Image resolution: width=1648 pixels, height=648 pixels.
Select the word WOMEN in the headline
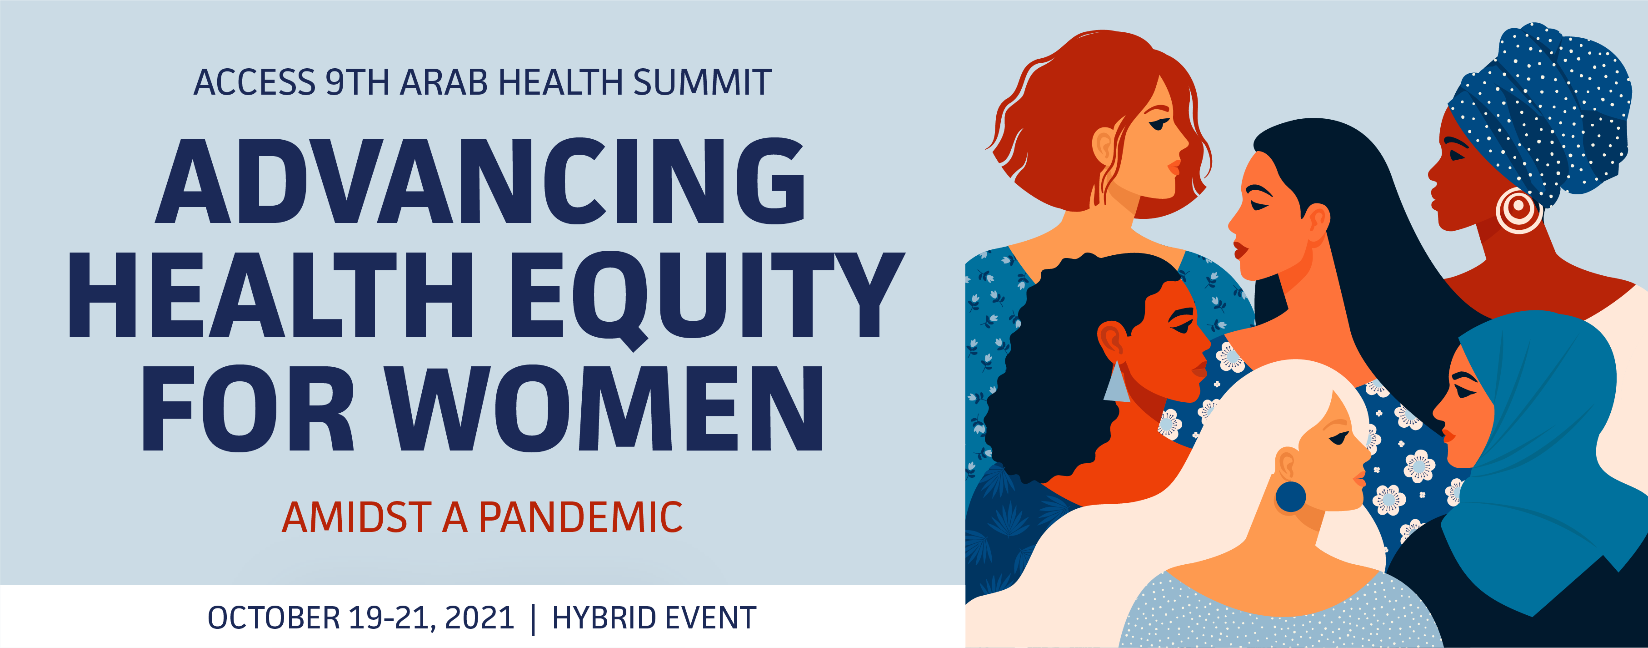coord(606,409)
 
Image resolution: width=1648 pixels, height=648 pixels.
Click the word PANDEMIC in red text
coord(581,517)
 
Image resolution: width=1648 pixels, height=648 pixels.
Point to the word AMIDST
coord(357,517)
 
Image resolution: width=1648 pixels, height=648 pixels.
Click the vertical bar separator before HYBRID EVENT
coord(534,618)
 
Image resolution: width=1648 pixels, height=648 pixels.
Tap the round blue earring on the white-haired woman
coord(1290,497)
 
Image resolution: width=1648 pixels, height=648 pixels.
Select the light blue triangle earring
coord(1116,382)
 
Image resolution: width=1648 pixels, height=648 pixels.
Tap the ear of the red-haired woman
coord(1104,145)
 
